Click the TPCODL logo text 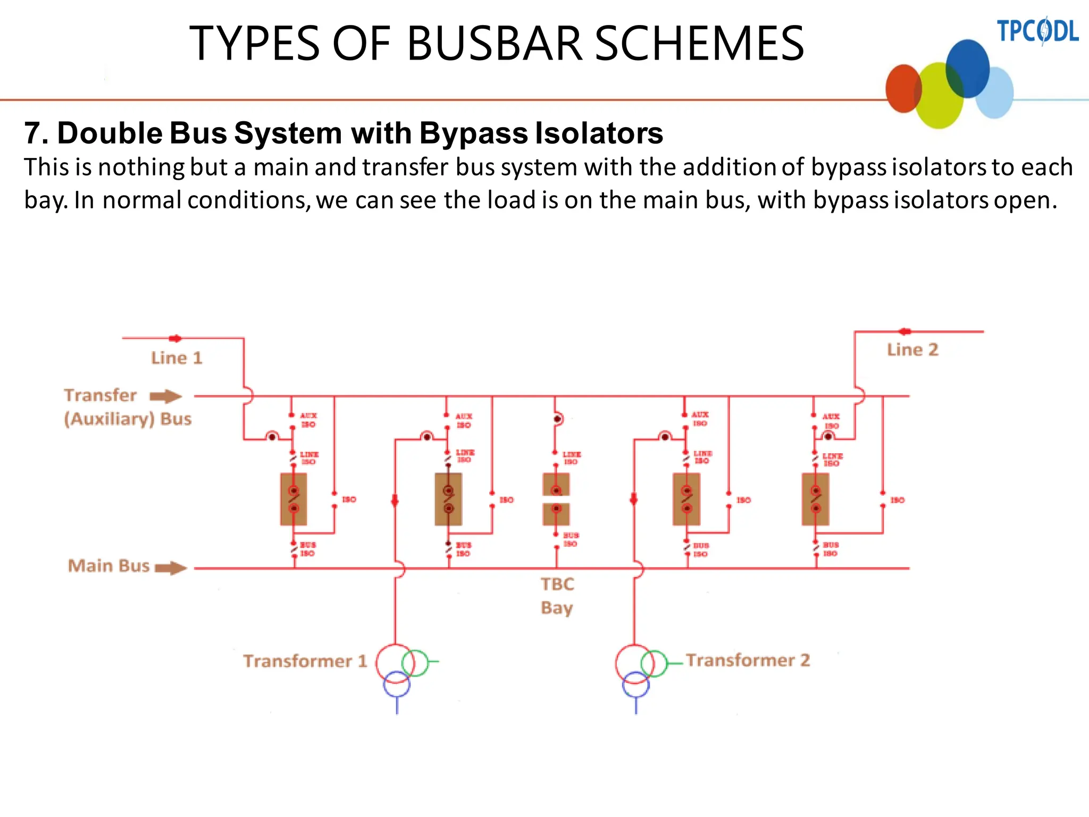1037,31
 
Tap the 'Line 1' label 177,358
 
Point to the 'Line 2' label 912,350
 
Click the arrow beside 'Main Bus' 171,568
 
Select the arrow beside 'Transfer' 166,396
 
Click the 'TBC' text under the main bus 557,584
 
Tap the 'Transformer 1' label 305,661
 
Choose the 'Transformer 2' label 748,660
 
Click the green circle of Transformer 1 415,663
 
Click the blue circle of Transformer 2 636,685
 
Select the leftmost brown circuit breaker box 294,499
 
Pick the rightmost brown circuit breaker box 815,499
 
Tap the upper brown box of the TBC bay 556,484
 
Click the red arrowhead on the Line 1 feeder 175,338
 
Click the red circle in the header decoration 903,88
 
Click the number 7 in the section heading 33,133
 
